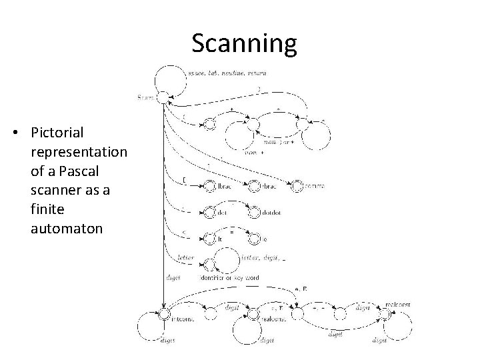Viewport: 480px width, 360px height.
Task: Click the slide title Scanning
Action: click(244, 44)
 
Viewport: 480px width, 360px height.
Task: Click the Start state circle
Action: click(163, 97)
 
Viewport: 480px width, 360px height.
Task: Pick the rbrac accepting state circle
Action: click(254, 185)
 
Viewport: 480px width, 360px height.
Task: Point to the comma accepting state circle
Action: click(297, 185)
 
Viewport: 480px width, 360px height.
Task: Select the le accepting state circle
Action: click(254, 237)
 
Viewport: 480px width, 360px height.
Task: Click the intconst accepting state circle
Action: click(163, 315)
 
